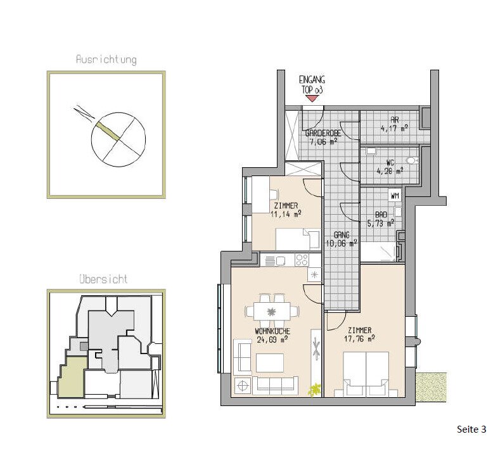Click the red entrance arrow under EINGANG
click(x=312, y=99)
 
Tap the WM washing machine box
click(x=395, y=196)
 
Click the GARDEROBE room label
click(x=323, y=134)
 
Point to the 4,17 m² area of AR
click(x=394, y=129)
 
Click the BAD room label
click(x=381, y=215)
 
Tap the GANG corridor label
click(x=342, y=235)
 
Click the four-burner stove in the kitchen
click(x=302, y=260)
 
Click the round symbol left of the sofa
click(x=242, y=386)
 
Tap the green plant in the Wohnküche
click(x=314, y=390)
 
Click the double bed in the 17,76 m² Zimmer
click(x=366, y=374)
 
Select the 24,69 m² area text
click(x=272, y=340)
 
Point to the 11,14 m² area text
click(x=286, y=214)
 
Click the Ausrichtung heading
click(x=106, y=60)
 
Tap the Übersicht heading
click(x=103, y=279)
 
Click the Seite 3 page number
click(x=471, y=429)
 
